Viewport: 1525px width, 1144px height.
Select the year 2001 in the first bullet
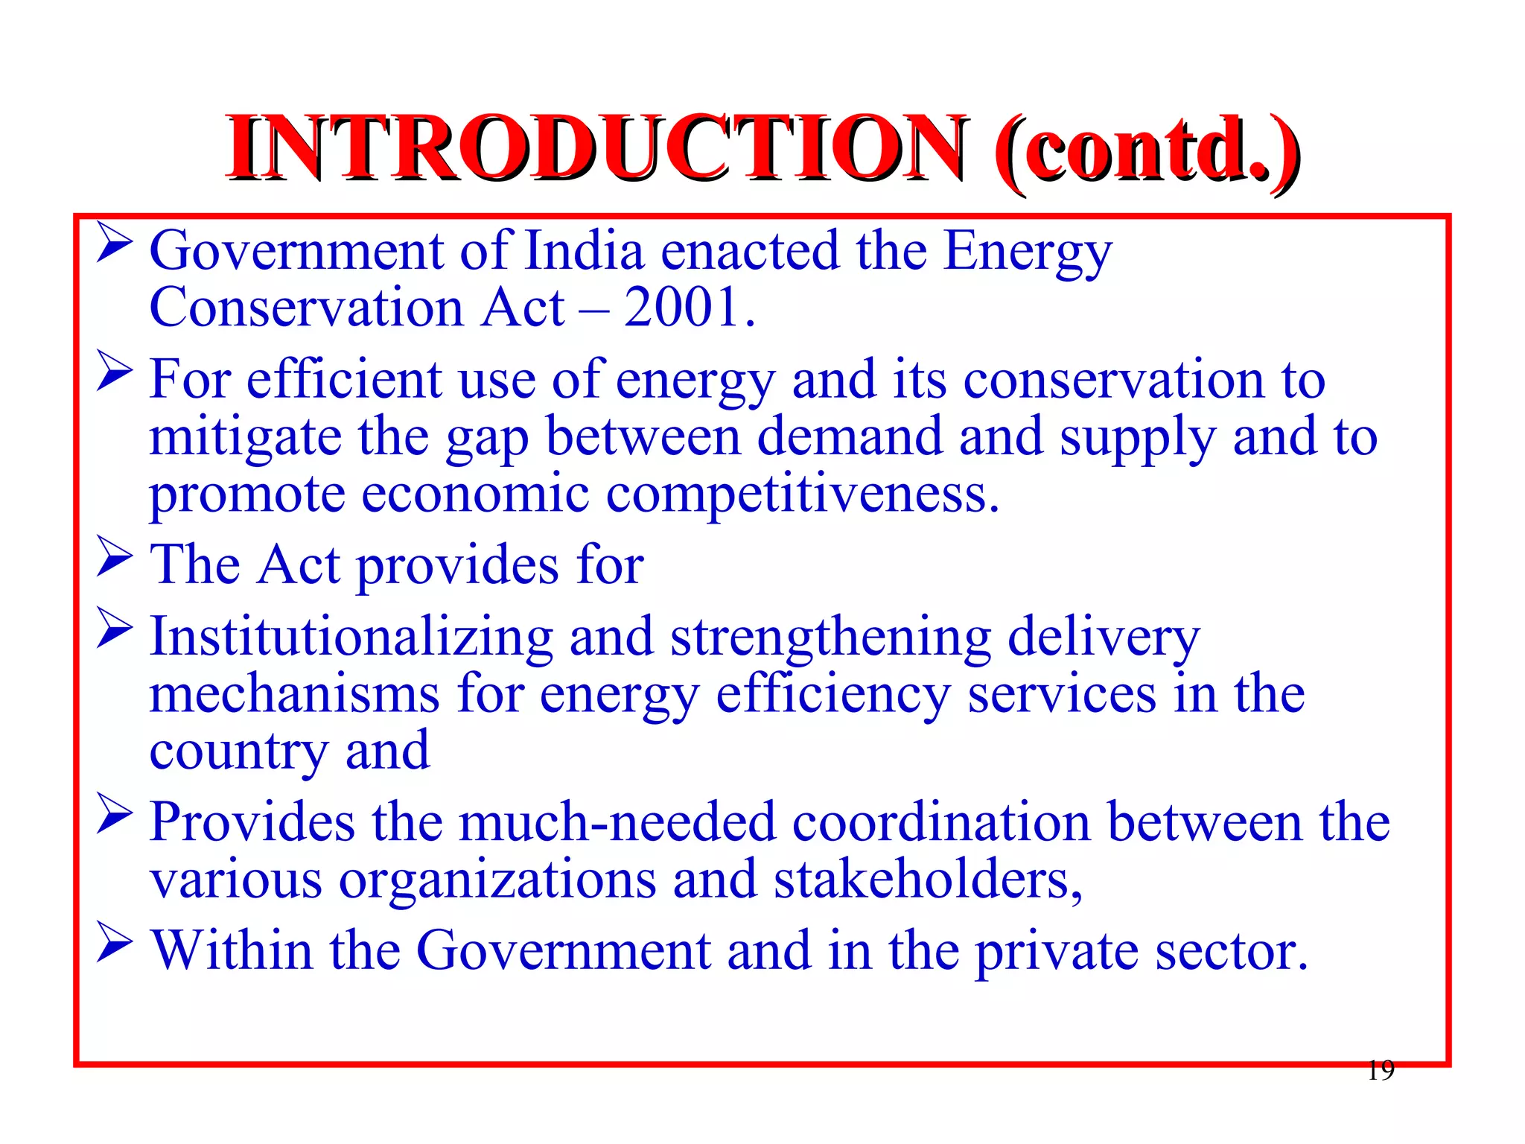coord(681,308)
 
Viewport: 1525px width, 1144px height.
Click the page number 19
coord(1381,1070)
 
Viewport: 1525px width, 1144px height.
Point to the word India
coord(585,251)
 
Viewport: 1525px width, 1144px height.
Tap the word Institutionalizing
coord(351,638)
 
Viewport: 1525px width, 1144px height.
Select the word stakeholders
coord(927,880)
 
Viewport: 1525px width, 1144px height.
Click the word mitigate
coord(245,438)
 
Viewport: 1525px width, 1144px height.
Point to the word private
coord(1056,952)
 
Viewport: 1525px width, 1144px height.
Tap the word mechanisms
coord(295,694)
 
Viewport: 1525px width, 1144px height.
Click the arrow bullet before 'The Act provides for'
coord(115,559)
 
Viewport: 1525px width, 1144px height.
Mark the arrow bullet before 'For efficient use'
coord(115,372)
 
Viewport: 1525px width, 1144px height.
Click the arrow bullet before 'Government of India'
coord(115,244)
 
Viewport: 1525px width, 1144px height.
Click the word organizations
coord(497,880)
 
